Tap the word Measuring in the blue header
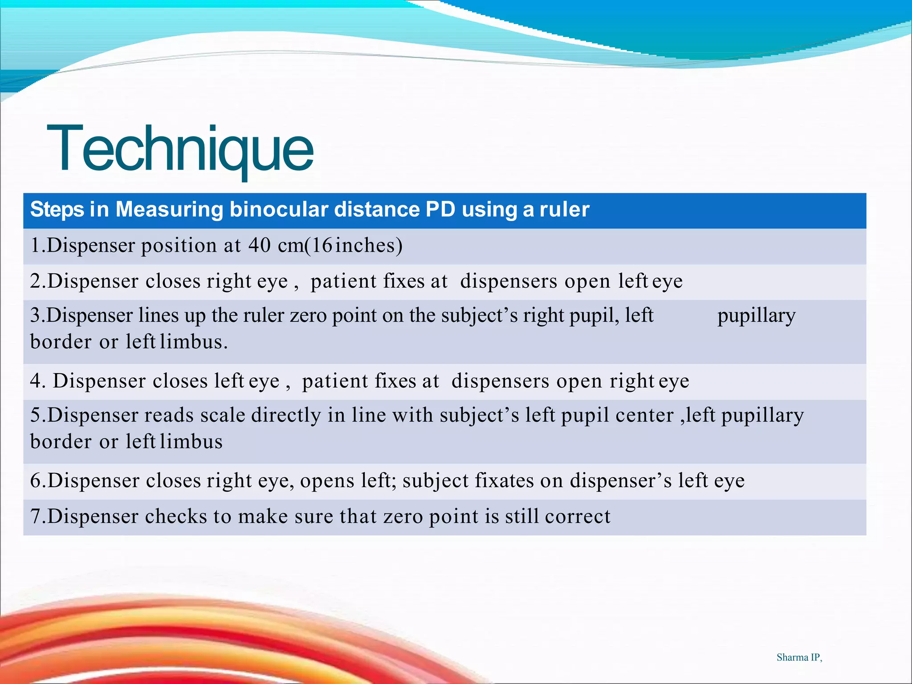(x=169, y=209)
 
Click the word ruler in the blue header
(x=564, y=209)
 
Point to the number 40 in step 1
(x=259, y=245)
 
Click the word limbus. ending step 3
(x=194, y=342)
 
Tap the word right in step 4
(x=631, y=381)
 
